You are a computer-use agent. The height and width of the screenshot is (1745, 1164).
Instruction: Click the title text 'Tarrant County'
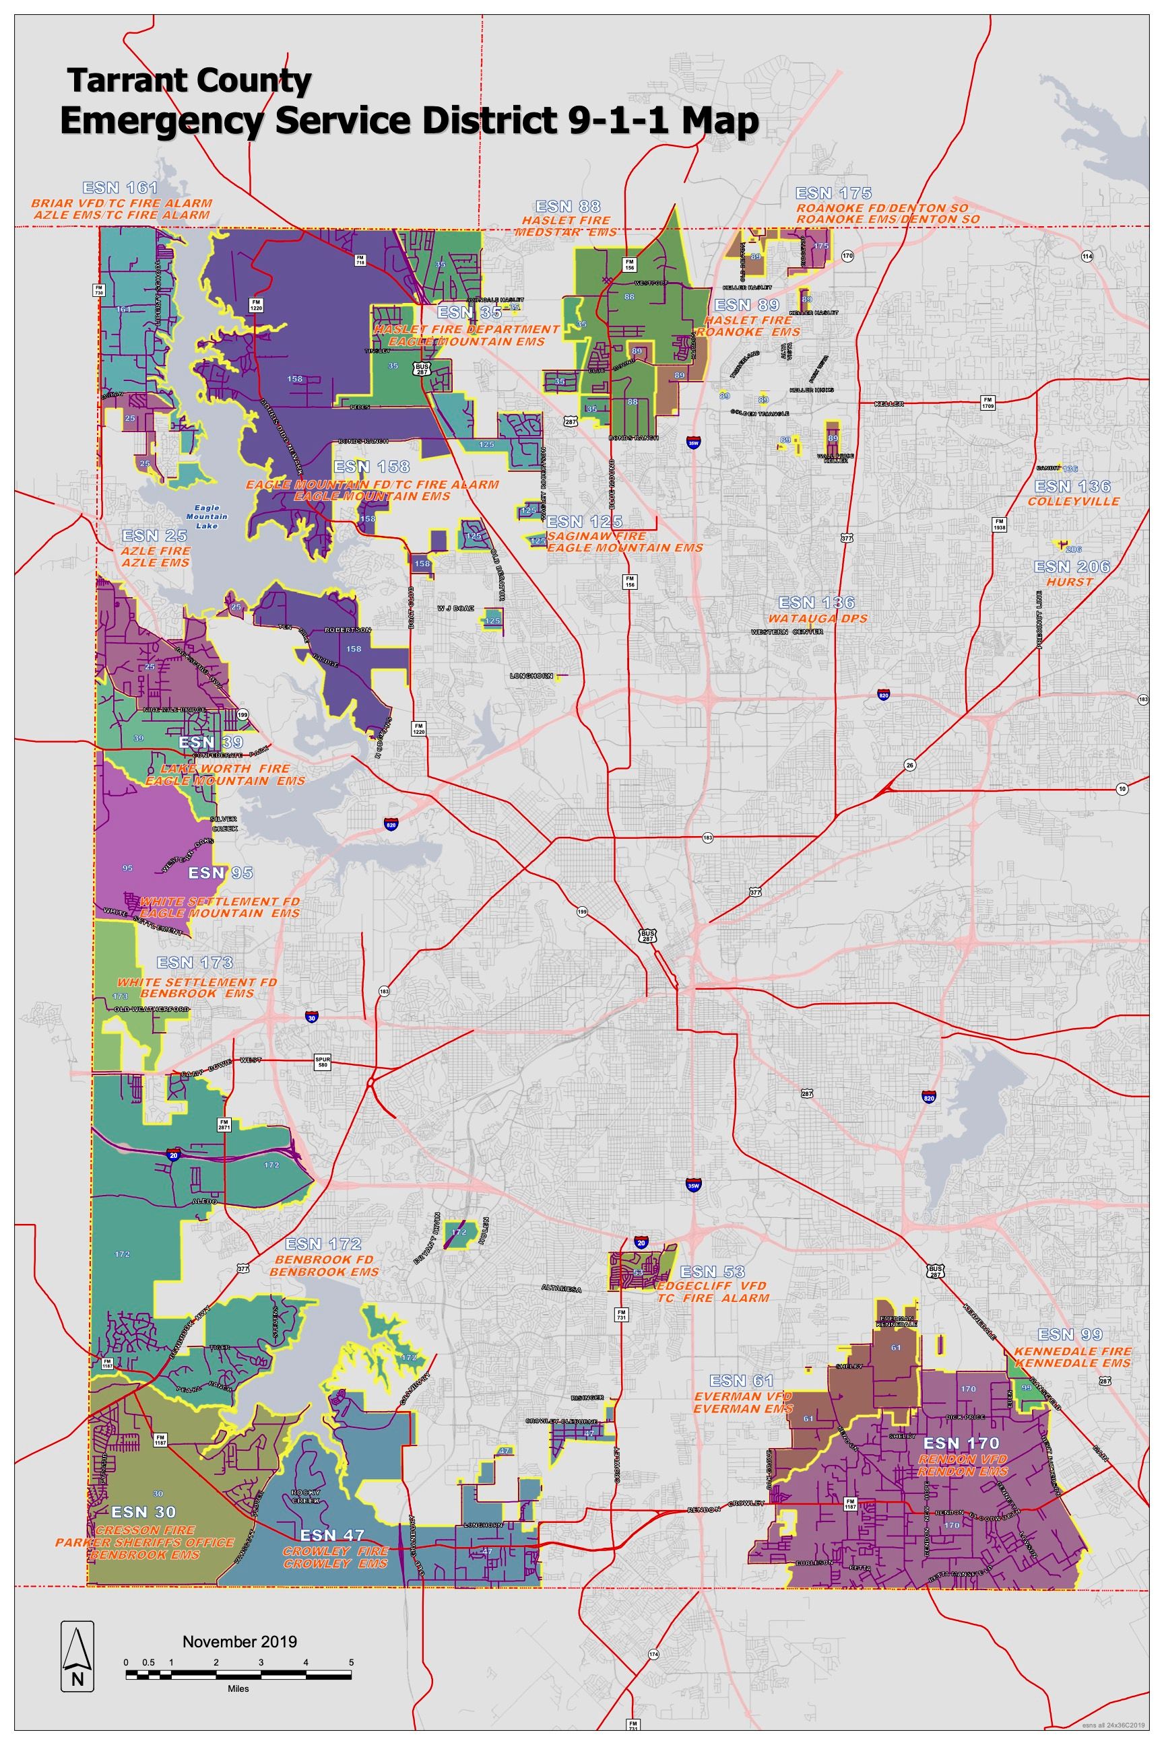tap(189, 81)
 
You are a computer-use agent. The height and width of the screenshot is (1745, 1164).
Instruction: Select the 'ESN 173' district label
tap(195, 963)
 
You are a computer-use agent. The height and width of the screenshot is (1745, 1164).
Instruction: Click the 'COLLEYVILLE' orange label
tap(1062, 502)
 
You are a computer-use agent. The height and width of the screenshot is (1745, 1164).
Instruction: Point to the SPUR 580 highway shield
tap(321, 1061)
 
